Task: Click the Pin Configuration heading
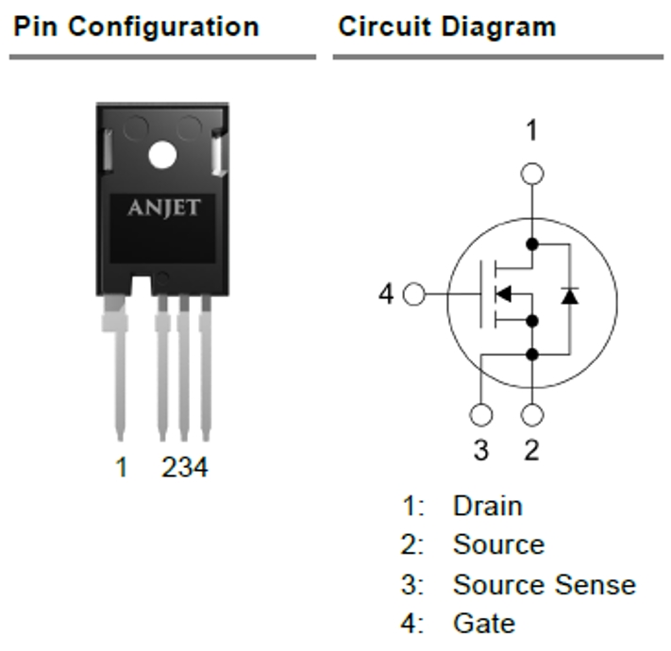click(135, 26)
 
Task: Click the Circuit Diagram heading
click(446, 26)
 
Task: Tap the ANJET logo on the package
click(163, 207)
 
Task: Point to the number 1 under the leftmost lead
click(121, 466)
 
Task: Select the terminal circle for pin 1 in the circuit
click(532, 174)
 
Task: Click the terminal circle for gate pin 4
click(413, 295)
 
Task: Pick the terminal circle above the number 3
click(481, 415)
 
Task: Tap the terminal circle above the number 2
click(532, 415)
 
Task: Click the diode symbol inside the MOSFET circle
click(568, 296)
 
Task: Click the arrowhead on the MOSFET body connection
click(503, 295)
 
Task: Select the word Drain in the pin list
click(487, 506)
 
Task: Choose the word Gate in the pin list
click(483, 623)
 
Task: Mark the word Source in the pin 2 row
click(498, 544)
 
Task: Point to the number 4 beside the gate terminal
click(386, 295)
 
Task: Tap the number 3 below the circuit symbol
click(481, 450)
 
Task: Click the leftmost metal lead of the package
click(118, 368)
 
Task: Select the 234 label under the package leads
click(184, 466)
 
